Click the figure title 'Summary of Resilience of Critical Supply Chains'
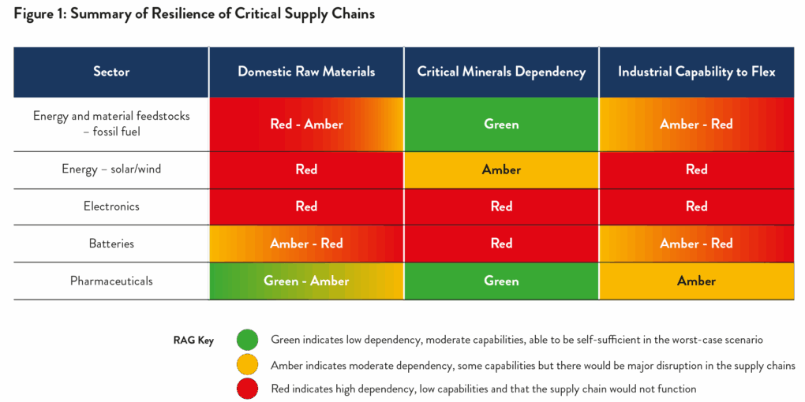point(223,14)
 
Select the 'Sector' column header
point(111,72)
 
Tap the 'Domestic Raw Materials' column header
point(306,72)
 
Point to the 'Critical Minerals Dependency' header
point(502,72)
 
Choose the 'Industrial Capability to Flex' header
point(697,72)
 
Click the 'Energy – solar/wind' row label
point(111,169)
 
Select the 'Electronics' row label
point(111,207)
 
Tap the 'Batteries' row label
point(111,244)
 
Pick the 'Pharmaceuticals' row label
point(111,281)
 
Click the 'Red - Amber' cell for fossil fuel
point(306,125)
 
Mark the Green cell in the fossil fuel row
point(502,125)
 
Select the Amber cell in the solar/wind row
point(502,169)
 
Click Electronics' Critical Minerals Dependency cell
point(502,207)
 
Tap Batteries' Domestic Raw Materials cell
point(306,244)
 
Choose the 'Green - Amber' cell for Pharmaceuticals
point(306,281)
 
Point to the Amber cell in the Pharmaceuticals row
point(697,281)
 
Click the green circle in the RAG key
point(248,340)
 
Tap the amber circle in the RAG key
point(248,365)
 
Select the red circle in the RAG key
point(248,389)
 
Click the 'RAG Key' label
point(194,340)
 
